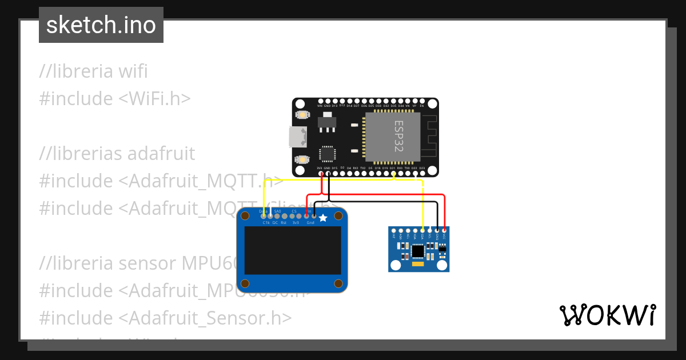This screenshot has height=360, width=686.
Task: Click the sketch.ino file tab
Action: tap(101, 25)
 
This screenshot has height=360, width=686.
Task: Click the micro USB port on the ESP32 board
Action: tap(297, 137)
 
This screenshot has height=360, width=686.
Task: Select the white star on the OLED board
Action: tap(323, 218)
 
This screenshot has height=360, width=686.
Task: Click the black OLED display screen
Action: tap(293, 250)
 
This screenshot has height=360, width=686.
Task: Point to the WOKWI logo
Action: tap(607, 315)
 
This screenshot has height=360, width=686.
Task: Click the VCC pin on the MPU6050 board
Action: tap(444, 230)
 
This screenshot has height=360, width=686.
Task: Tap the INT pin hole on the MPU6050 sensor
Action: tap(393, 230)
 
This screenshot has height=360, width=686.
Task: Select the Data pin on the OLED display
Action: tap(263, 215)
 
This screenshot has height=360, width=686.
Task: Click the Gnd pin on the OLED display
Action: tap(313, 215)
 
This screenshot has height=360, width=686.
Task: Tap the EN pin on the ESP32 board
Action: tap(422, 102)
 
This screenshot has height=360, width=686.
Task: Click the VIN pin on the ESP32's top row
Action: tap(320, 102)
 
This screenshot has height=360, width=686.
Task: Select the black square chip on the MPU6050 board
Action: tap(418, 250)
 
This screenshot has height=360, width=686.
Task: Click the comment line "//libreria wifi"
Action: tap(93, 71)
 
